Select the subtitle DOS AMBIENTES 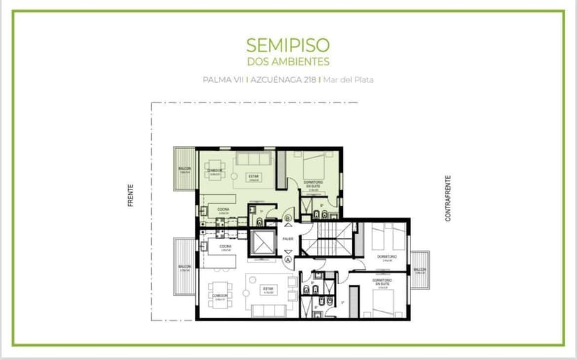point(288,61)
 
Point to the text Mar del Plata point(348,79)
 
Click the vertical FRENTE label point(130,195)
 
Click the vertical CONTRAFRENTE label point(449,198)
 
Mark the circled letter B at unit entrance point(288,219)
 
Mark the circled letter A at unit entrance point(288,260)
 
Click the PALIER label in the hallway point(288,238)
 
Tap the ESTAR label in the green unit point(254,176)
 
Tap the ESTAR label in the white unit point(267,288)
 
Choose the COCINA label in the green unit point(223,209)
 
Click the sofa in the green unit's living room point(249,159)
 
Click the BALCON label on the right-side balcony point(420,270)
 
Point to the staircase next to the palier point(325,240)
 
